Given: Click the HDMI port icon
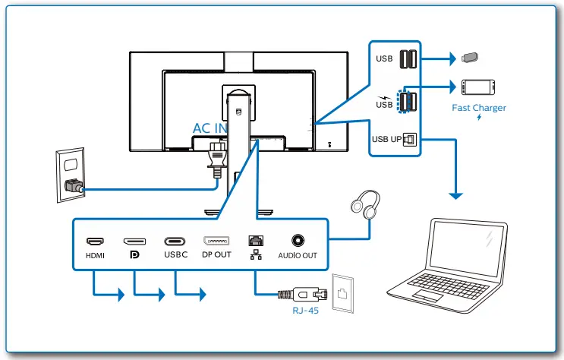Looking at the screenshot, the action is [96, 241].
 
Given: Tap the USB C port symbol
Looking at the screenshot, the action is [175, 242].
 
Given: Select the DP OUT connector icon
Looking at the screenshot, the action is [216, 241].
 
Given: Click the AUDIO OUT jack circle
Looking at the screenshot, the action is [298, 240].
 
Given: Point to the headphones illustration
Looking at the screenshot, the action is [365, 204].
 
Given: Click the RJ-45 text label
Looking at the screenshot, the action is [305, 311].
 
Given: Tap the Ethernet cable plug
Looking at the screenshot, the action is [303, 294].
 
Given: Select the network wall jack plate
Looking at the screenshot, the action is [342, 293].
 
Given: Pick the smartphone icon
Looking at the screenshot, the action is [478, 87].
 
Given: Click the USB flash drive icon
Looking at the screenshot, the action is [470, 58].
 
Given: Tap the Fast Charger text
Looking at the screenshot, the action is [479, 108].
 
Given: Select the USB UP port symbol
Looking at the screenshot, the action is [410, 139].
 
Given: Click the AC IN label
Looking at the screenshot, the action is [210, 128].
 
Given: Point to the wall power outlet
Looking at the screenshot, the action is [71, 175].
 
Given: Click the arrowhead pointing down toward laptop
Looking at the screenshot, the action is [455, 196].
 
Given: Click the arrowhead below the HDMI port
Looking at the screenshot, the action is [121, 295].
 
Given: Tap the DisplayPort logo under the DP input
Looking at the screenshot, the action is [134, 255].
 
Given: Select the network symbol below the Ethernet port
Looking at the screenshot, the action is [256, 254].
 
